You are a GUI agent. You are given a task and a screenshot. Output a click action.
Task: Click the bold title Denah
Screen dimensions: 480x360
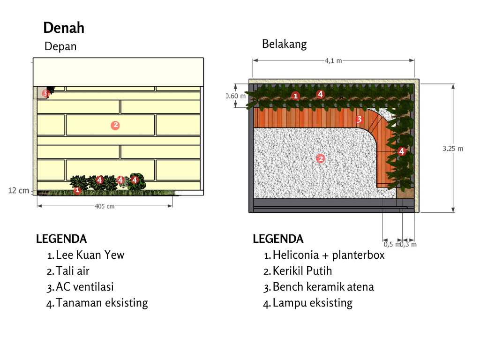(x=64, y=28)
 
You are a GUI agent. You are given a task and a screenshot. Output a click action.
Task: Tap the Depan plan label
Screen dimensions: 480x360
(x=60, y=46)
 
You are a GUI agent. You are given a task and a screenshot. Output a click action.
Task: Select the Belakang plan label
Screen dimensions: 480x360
(x=284, y=44)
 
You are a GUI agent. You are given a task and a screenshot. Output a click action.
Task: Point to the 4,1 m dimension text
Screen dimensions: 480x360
(x=333, y=60)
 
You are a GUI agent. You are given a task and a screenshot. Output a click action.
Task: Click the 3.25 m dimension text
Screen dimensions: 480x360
(x=453, y=149)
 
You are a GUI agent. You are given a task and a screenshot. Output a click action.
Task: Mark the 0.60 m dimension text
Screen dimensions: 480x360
(x=236, y=96)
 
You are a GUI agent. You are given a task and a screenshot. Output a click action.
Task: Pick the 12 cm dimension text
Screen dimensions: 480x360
(x=19, y=190)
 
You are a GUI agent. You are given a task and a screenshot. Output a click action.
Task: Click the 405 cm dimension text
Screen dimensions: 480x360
(x=105, y=206)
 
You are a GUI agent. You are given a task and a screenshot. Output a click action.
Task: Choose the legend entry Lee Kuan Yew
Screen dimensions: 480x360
(x=90, y=255)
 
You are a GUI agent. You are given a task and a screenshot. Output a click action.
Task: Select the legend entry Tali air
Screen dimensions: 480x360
(x=73, y=270)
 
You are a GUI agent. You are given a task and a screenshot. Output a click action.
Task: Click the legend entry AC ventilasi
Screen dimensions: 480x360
(x=85, y=287)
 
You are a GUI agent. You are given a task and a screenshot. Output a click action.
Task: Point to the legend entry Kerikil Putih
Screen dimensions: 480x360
(x=302, y=270)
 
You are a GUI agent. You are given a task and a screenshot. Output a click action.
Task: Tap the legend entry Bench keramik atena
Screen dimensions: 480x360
(x=323, y=287)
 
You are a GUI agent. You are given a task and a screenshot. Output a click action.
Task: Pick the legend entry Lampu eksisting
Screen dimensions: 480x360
(x=313, y=303)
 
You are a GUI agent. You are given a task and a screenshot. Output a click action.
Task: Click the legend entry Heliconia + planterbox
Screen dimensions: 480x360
(x=329, y=255)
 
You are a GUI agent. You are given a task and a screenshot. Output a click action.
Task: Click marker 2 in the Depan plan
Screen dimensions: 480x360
(x=115, y=125)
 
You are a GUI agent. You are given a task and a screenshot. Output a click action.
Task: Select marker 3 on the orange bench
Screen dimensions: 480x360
(x=359, y=120)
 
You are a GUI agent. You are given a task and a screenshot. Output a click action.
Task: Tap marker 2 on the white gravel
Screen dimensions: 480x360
(x=321, y=158)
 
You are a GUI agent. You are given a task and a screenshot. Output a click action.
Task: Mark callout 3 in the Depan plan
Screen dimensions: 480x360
(x=45, y=93)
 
